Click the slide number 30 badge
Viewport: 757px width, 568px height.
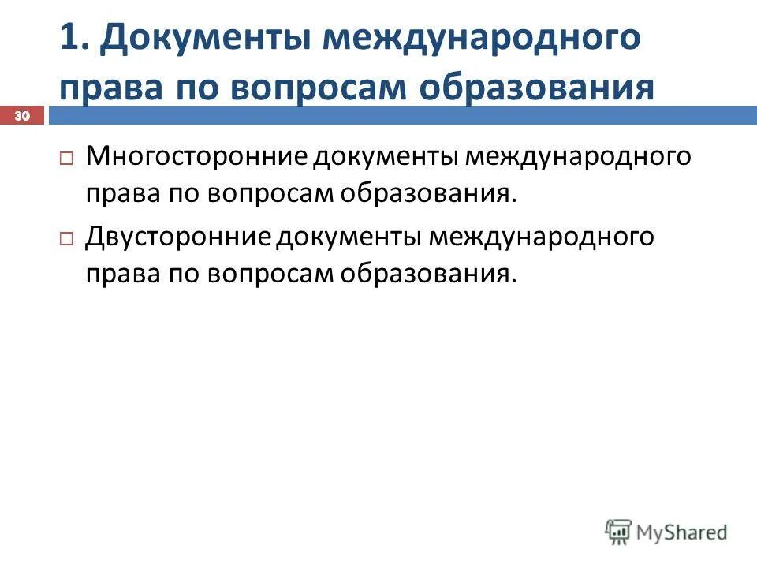tap(21, 117)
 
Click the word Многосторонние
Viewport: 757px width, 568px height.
tap(196, 155)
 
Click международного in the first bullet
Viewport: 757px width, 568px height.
tap(579, 155)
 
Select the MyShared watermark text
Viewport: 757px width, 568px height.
tap(684, 532)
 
